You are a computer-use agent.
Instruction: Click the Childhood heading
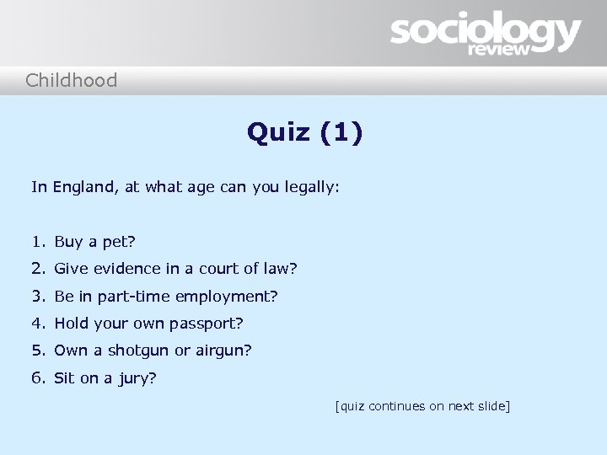71,81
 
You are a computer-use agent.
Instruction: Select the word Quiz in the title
279,132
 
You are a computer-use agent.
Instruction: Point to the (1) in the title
342,132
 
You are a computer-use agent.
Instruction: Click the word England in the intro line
85,188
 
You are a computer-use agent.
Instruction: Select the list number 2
38,270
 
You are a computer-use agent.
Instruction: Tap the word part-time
136,297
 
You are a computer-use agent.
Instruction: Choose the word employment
234,297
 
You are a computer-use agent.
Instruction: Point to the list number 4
38,324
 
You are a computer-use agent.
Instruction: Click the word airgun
222,351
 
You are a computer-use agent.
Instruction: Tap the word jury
136,378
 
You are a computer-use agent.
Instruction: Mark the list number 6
38,378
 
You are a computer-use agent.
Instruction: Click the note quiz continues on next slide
422,407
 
